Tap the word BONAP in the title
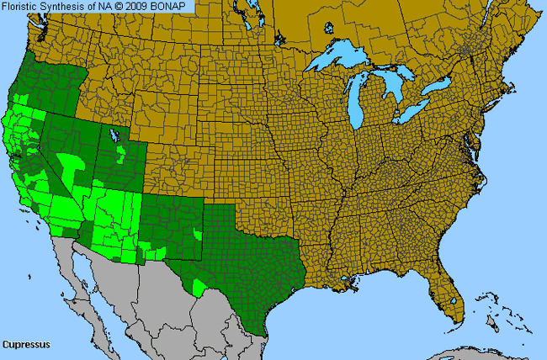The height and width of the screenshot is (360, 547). click(174, 6)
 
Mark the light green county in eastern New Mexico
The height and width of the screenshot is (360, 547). click(198, 232)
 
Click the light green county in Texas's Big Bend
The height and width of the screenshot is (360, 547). click(199, 288)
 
